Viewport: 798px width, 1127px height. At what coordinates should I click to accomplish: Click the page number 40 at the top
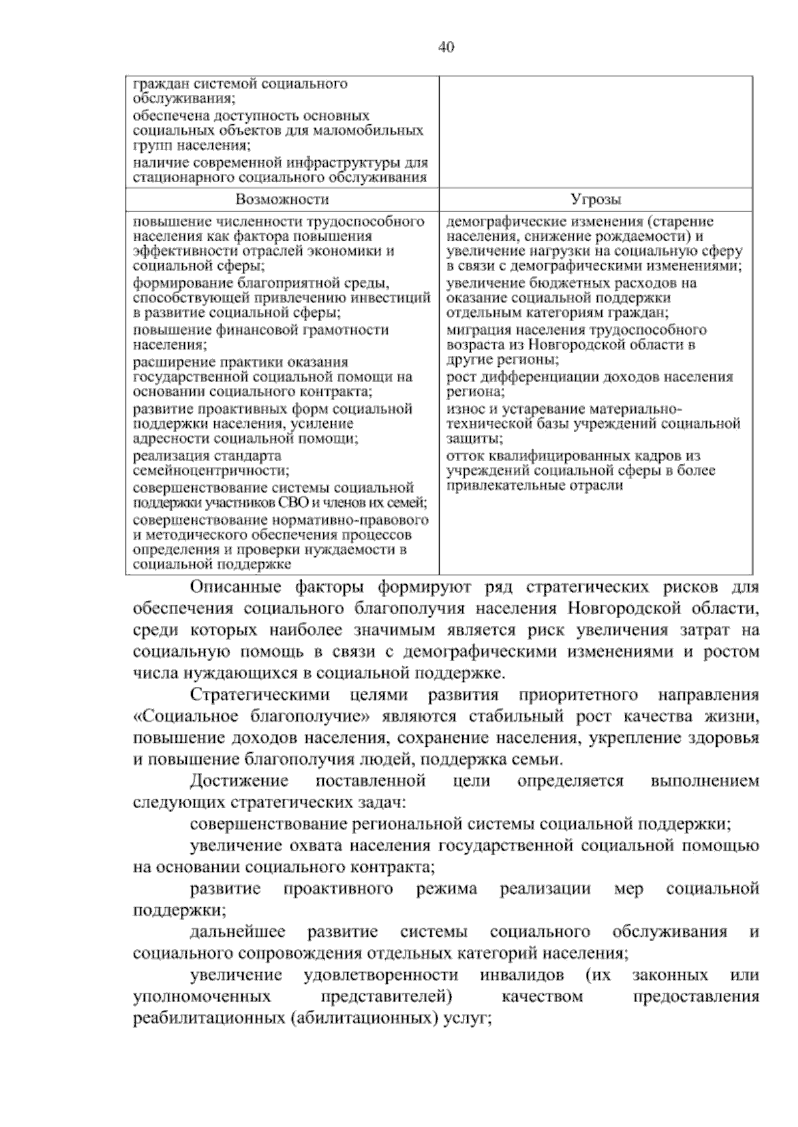tap(446, 47)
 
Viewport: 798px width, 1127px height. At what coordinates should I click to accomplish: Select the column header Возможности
tap(282, 199)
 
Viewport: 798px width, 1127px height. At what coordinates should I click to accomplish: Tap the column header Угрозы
tap(596, 199)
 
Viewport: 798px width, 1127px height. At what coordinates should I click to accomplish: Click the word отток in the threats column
tap(464, 456)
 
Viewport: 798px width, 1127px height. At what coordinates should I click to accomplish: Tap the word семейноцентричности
tap(211, 471)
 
